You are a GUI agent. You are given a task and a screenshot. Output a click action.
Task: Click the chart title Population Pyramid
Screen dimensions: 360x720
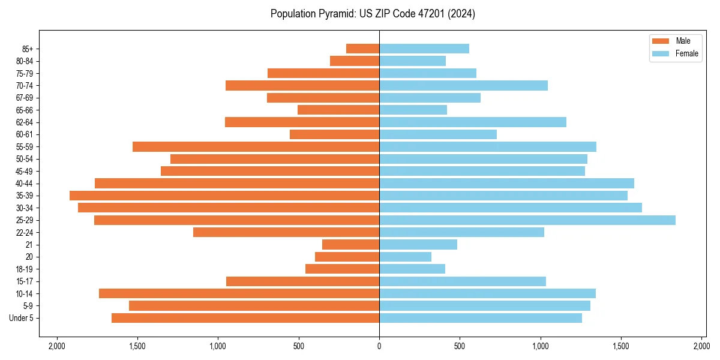point(373,14)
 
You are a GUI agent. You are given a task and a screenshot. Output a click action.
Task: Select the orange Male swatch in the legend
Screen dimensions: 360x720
point(660,41)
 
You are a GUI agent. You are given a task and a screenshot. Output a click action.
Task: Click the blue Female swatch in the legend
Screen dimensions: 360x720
point(660,53)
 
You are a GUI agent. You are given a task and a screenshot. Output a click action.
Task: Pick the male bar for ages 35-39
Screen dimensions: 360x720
point(224,196)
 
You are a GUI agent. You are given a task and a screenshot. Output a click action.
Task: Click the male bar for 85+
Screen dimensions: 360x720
point(362,49)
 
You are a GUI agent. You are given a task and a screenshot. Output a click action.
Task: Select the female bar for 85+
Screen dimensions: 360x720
point(424,49)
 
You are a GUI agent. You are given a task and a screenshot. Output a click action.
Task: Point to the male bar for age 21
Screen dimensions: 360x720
point(350,245)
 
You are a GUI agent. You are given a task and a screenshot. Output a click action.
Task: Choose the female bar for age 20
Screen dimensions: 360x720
point(405,257)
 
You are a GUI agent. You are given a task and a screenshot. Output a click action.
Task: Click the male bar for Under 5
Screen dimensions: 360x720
point(245,318)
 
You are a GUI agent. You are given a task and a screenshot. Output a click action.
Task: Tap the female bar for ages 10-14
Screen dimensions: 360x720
point(487,293)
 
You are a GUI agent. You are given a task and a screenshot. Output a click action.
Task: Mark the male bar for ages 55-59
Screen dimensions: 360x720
point(256,146)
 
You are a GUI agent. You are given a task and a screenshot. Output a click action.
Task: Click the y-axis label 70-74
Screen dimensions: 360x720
point(24,86)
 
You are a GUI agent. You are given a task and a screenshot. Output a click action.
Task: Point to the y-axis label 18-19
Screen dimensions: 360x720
point(24,269)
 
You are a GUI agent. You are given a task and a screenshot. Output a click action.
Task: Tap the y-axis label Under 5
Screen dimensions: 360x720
point(22,318)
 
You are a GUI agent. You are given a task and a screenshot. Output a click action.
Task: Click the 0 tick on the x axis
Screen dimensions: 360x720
point(379,346)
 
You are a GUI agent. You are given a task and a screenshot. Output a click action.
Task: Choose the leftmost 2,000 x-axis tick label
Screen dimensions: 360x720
point(57,346)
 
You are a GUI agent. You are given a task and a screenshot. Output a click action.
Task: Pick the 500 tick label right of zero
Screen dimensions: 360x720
point(460,346)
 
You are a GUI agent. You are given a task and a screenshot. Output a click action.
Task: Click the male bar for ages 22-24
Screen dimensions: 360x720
point(286,232)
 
